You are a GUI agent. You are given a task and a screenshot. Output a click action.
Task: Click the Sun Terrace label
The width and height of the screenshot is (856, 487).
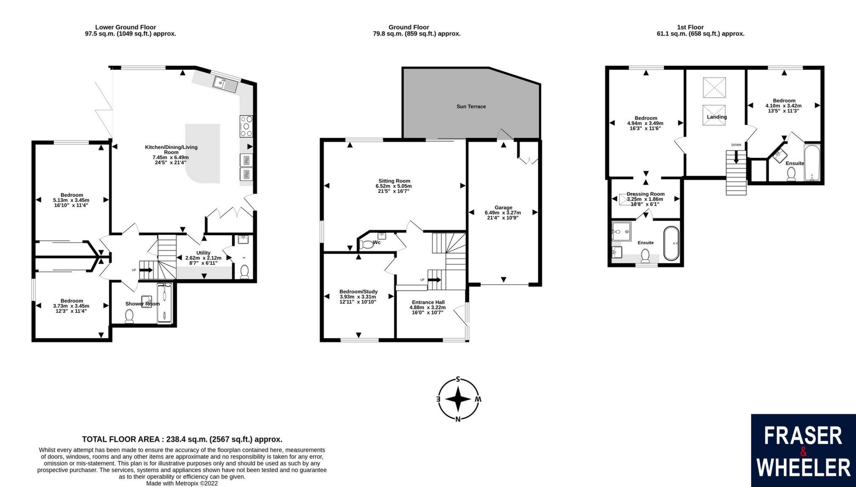click(471, 107)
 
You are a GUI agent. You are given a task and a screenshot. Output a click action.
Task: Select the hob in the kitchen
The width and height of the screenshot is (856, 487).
click(246, 126)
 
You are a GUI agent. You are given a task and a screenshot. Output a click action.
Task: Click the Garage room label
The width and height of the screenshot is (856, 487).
click(503, 208)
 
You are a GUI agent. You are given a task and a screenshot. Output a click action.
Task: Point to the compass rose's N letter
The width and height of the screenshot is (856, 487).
click(458, 419)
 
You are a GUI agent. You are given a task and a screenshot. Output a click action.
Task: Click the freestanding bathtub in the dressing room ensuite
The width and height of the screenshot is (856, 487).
click(671, 244)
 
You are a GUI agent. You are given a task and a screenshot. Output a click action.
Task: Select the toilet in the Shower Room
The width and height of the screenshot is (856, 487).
click(129, 316)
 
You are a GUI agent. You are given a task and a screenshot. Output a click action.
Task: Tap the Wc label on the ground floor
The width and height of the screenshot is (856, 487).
click(376, 242)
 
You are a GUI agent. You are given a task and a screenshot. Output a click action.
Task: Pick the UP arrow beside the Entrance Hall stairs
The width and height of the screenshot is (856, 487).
click(435, 280)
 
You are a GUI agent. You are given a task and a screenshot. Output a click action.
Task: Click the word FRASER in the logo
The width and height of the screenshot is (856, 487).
click(803, 436)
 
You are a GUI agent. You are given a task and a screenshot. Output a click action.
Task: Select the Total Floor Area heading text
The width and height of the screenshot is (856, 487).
click(182, 439)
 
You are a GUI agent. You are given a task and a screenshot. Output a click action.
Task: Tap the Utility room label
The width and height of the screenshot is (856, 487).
click(203, 253)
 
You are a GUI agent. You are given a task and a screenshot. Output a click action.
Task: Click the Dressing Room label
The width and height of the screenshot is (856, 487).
click(645, 194)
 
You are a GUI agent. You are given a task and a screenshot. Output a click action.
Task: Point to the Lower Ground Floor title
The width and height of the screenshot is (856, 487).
click(126, 27)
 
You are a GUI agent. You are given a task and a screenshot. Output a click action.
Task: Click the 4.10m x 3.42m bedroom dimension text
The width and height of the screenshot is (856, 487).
click(783, 106)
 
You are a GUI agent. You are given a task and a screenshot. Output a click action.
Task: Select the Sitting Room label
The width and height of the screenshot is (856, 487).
click(394, 181)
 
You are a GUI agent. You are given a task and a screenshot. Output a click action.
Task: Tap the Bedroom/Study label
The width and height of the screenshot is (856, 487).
click(358, 292)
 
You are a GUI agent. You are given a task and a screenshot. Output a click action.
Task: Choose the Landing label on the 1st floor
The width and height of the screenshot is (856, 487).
click(717, 117)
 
